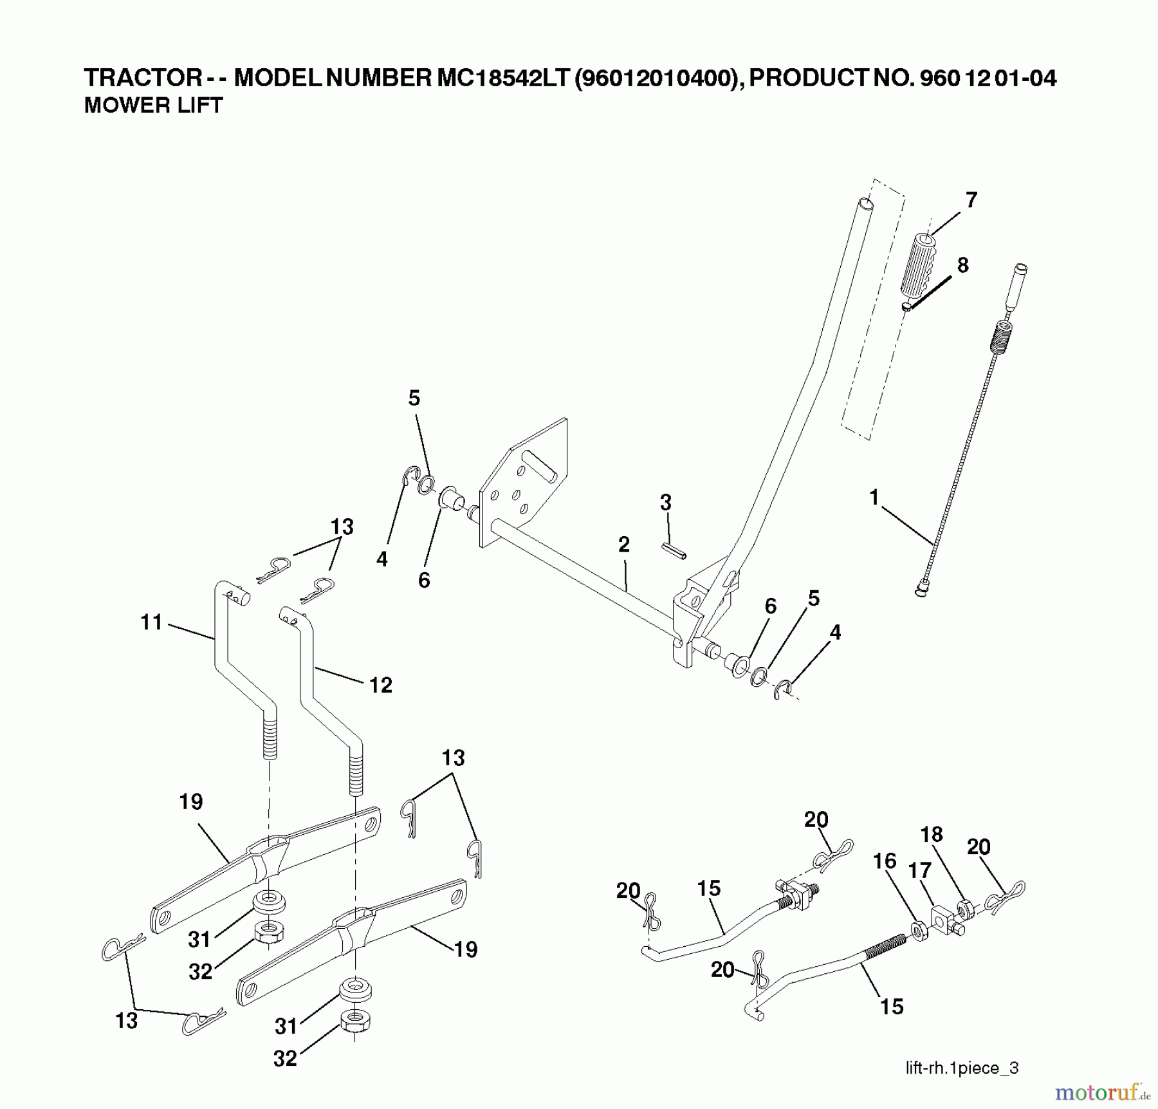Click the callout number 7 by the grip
coord(971,200)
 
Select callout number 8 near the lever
coord(962,265)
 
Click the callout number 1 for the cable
coord(874,498)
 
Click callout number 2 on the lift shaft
coord(623,545)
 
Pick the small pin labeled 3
coord(674,552)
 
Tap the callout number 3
coord(666,502)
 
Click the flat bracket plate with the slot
coord(524,480)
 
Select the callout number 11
coord(151,622)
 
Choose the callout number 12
coord(380,685)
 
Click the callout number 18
coord(932,834)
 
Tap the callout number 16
coord(885,861)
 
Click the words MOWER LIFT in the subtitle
coord(153,106)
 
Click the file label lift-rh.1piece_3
coord(962,1068)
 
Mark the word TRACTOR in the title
coord(143,78)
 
